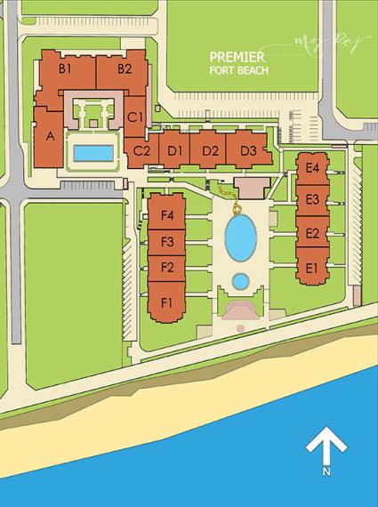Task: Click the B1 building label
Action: tap(65, 68)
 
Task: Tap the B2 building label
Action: tap(124, 68)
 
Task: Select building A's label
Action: tap(50, 136)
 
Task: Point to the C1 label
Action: tap(135, 117)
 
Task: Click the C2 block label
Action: tap(142, 150)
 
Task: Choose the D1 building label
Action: tap(174, 150)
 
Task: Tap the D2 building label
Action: tap(210, 150)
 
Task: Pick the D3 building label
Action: tap(248, 150)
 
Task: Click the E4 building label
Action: tap(312, 168)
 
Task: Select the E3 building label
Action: tap(312, 199)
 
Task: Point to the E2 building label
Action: tap(312, 233)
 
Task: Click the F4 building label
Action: tap(166, 215)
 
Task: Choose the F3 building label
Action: tap(166, 241)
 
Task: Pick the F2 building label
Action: tap(166, 267)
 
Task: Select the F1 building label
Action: tap(166, 303)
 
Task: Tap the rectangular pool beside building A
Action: tap(92, 153)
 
